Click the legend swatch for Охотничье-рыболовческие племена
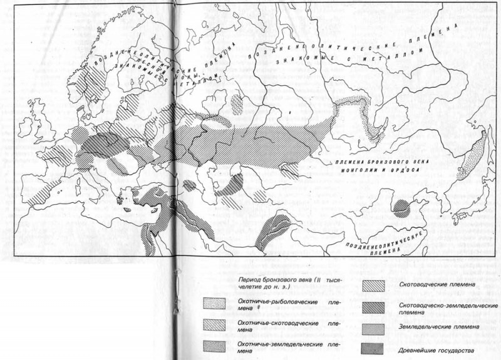pos(217,305)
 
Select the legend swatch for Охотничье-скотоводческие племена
pos(217,325)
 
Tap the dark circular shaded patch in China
pos(403,208)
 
